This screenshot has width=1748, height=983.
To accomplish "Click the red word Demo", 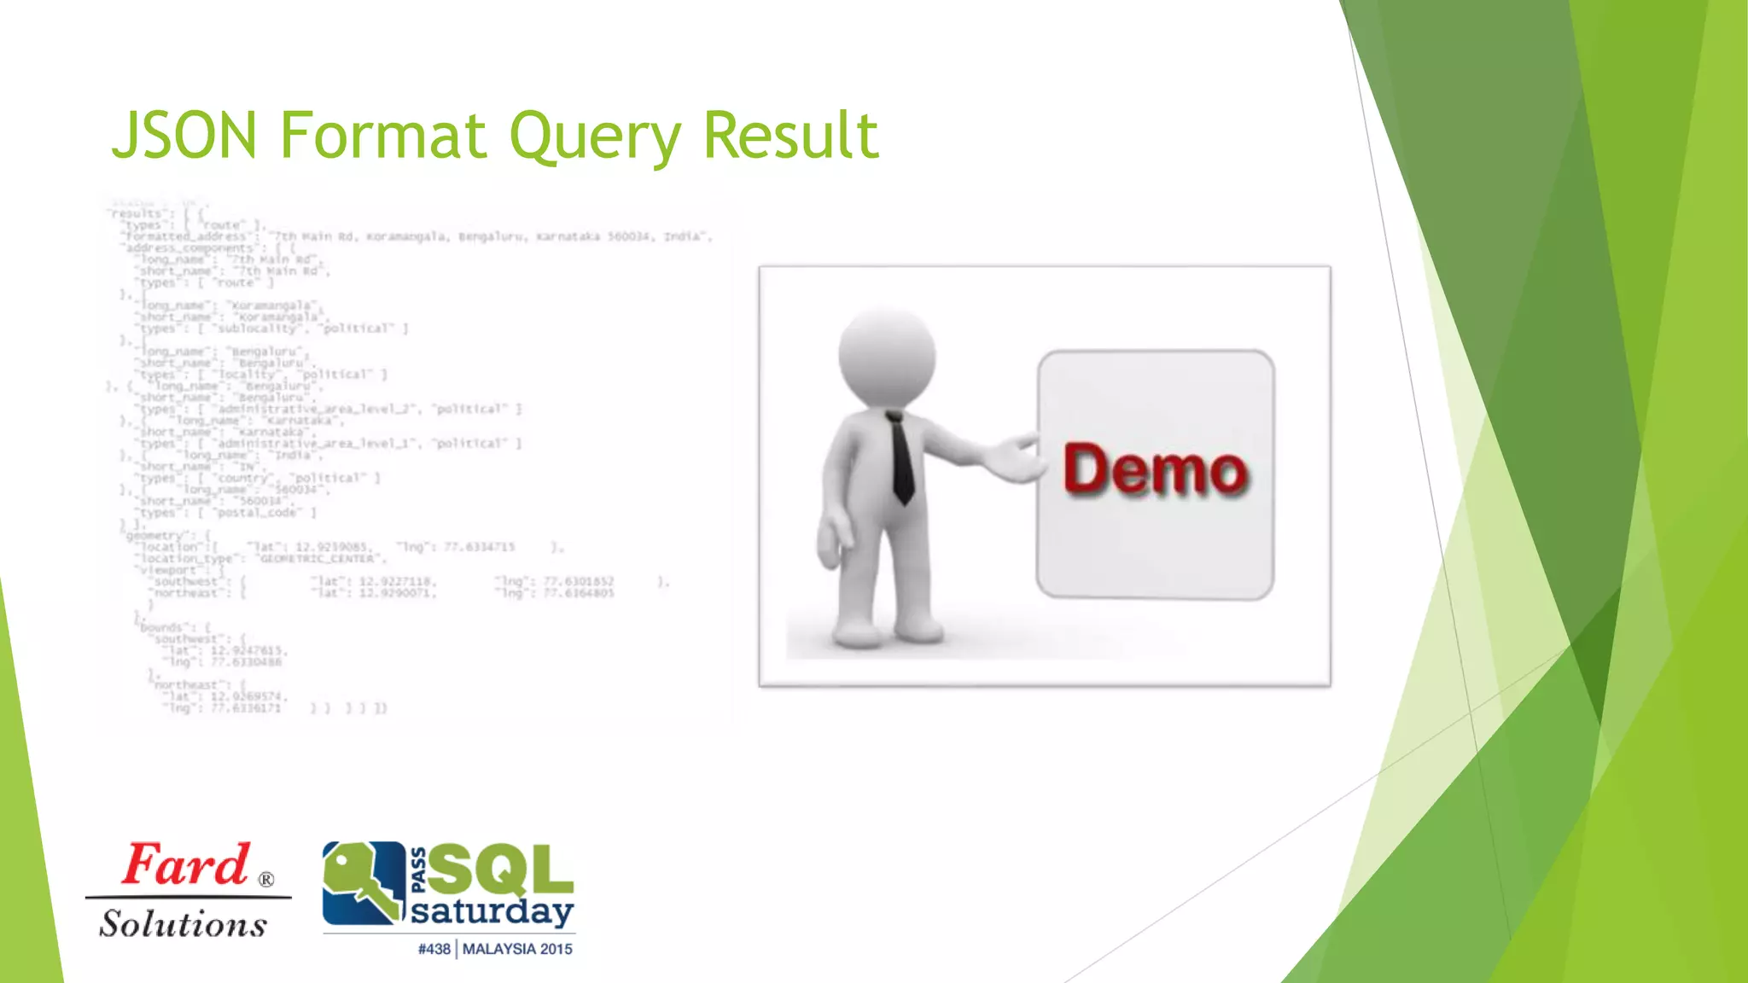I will point(1155,469).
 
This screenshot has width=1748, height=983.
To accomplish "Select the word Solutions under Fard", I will point(183,924).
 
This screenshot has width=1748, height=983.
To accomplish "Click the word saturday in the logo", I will point(492,912).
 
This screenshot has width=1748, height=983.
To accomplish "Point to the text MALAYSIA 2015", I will point(517,949).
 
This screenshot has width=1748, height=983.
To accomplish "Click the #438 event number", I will point(434,949).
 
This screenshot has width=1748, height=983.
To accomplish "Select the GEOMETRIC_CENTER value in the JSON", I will point(318,559).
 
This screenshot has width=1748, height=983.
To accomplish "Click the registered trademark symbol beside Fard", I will point(266,880).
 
